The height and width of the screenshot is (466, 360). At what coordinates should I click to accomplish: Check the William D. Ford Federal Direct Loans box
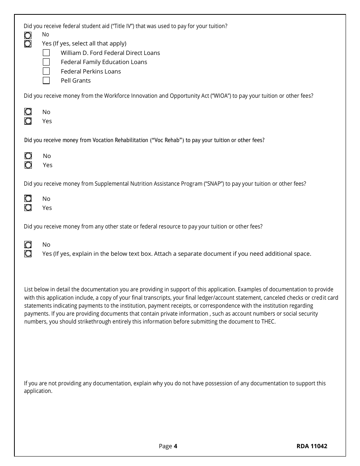tap(46, 53)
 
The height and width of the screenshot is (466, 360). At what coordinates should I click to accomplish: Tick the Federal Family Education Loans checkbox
tap(46, 62)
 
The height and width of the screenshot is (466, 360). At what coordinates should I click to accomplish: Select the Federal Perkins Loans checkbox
tap(46, 71)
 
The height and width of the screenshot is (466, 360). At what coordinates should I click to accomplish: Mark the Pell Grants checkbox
tap(46, 80)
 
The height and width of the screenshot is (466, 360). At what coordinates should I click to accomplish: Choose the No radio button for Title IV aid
tap(28, 35)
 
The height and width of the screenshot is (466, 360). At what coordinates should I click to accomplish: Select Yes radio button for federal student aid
tap(28, 44)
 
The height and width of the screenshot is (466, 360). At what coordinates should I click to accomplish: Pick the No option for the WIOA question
tap(28, 112)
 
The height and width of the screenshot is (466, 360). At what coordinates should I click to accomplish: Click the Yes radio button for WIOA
tap(28, 121)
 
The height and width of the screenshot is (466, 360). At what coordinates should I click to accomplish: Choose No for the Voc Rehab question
tap(28, 156)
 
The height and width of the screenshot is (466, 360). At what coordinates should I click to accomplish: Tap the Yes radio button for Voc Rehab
tap(28, 165)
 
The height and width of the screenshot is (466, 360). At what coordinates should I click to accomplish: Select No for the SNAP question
tap(28, 199)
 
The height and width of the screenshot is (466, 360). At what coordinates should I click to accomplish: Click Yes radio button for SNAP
tap(28, 208)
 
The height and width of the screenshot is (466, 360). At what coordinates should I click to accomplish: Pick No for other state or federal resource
tap(28, 245)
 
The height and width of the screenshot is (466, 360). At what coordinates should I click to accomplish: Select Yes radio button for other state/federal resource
tap(28, 254)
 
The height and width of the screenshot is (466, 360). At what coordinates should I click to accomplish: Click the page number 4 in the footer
tap(175, 446)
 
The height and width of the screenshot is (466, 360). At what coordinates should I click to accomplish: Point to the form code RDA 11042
tap(311, 446)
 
